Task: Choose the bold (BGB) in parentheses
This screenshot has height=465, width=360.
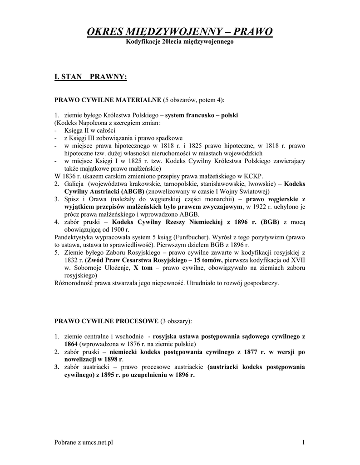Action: pos(270,222)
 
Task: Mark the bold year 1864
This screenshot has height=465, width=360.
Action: pos(71,344)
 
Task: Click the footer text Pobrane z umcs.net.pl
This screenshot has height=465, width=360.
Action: pos(84,443)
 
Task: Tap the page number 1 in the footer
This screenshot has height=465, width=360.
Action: pos(303,443)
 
